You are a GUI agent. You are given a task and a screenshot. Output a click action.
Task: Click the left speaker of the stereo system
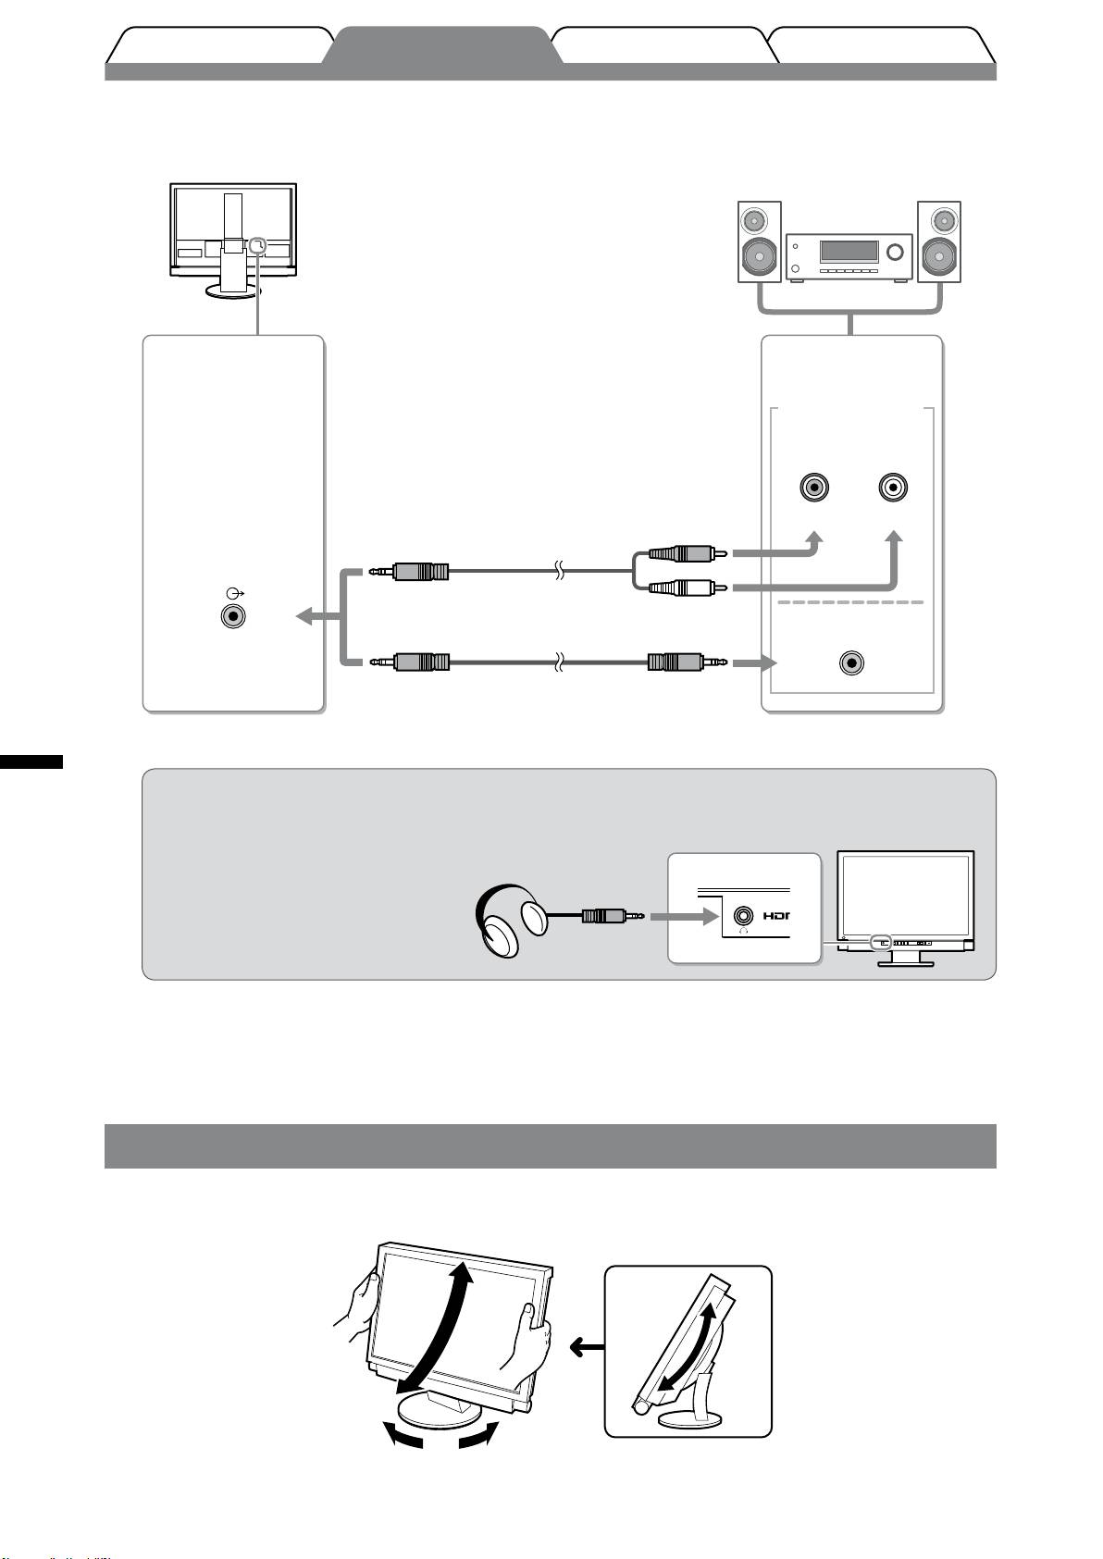tap(760, 241)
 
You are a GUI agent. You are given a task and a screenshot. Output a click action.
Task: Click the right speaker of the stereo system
tap(939, 241)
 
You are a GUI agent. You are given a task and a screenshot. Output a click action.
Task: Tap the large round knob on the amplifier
tap(895, 252)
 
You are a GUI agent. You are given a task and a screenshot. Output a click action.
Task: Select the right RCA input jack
tap(893, 487)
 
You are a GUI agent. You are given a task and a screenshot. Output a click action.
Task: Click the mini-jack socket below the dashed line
tap(851, 663)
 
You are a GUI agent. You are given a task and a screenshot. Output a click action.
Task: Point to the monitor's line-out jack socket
tap(233, 615)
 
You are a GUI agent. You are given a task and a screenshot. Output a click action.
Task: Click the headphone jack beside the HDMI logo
tap(742, 916)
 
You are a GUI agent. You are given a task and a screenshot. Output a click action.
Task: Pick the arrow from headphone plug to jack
tap(683, 917)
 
